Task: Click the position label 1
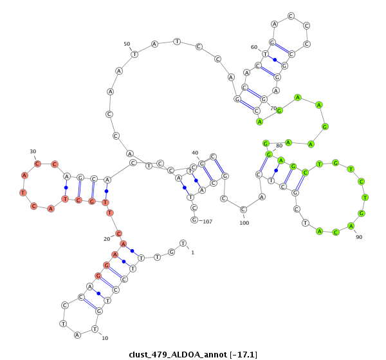[192, 252]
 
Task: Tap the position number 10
[105, 338]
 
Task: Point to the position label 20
[107, 238]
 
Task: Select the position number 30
[33, 151]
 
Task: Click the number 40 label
[195, 153]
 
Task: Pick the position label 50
[127, 44]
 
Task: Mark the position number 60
[254, 47]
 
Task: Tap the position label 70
[273, 108]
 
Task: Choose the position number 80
[279, 145]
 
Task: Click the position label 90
[359, 237]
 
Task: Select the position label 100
[244, 223]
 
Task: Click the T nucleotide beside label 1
[183, 243]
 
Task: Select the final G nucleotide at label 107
[194, 220]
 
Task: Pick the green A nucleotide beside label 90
[351, 225]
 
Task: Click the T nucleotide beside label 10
[95, 329]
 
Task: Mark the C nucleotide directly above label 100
[244, 209]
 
